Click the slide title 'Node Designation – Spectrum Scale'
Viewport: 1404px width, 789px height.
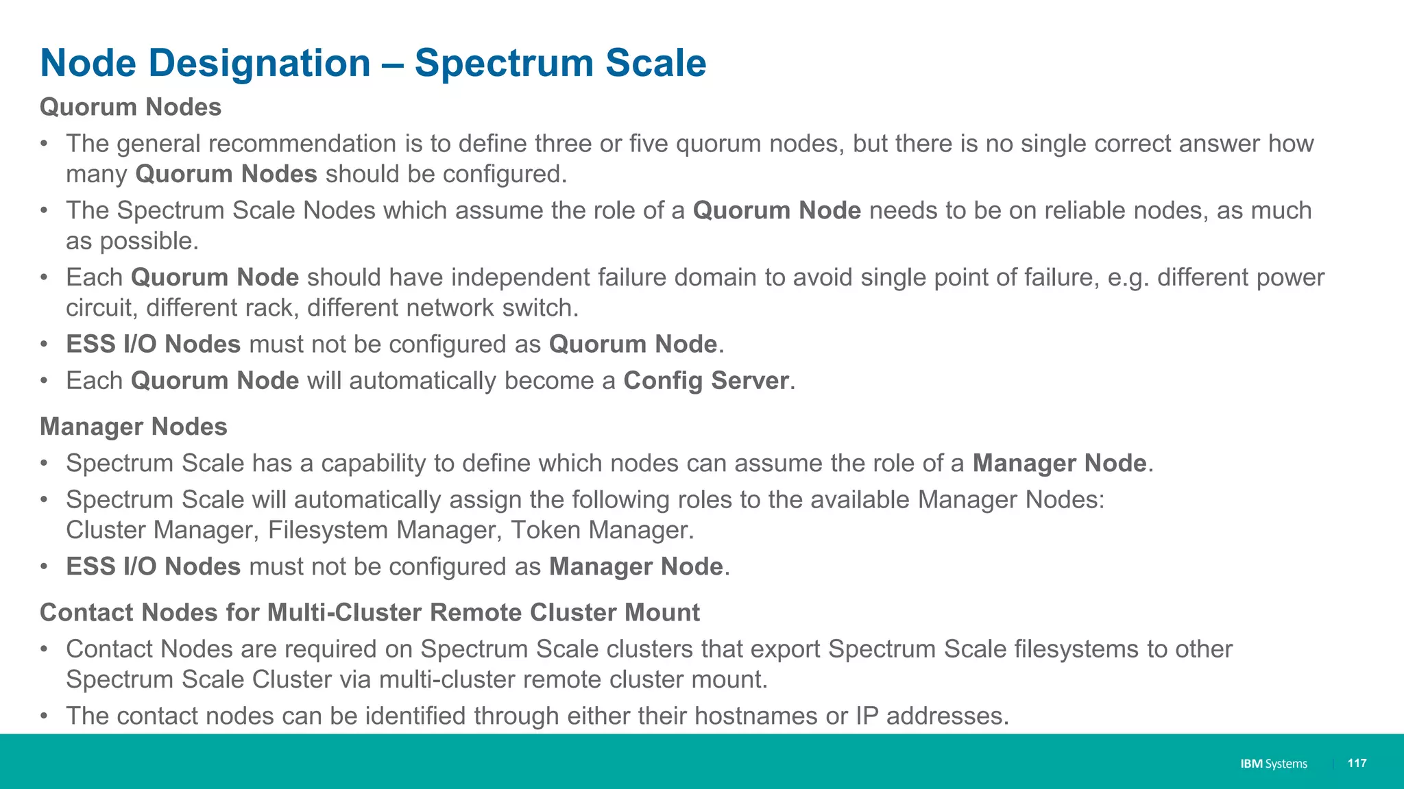point(373,63)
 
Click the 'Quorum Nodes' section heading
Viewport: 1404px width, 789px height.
point(130,108)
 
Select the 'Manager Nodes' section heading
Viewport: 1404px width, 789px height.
point(133,427)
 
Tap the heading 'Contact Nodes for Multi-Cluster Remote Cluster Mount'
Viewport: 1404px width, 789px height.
point(370,612)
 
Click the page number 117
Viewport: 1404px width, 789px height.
point(1357,763)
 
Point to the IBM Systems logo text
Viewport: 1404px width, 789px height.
point(1273,764)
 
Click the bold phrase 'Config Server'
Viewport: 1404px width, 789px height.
point(705,381)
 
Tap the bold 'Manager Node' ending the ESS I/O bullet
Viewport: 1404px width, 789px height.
point(636,567)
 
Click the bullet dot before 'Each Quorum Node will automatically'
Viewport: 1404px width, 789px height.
point(44,381)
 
